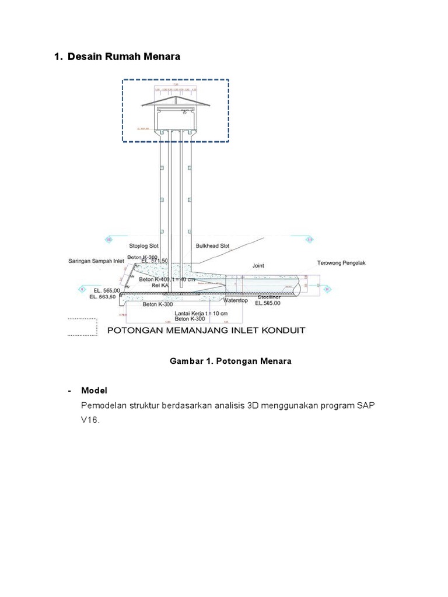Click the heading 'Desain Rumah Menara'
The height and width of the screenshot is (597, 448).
coord(124,57)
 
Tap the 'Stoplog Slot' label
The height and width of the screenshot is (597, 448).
coord(143,246)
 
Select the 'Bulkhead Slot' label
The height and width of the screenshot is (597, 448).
coord(211,246)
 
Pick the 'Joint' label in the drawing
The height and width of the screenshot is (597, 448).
coord(258,265)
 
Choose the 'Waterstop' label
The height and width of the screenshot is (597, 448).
coord(236,300)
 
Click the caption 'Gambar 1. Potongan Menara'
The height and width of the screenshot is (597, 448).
coord(230,361)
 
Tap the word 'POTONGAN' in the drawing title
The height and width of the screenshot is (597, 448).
coord(136,331)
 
